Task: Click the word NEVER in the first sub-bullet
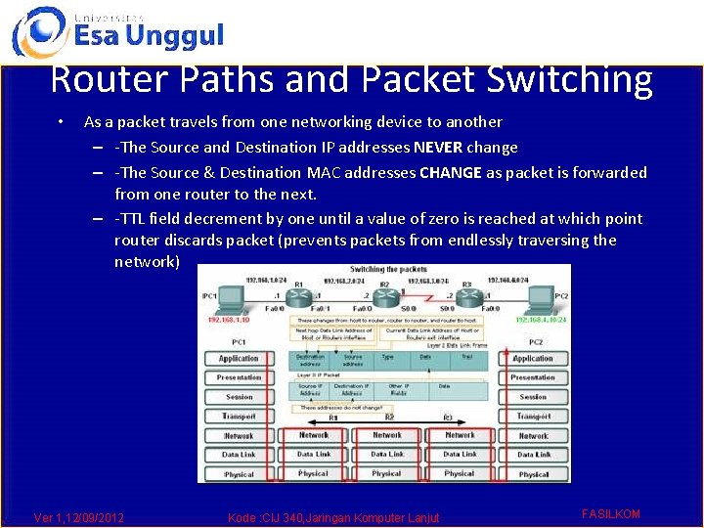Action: click(x=438, y=148)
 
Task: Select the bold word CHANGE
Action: click(x=451, y=173)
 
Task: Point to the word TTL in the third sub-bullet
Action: click(x=135, y=219)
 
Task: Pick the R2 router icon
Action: click(x=383, y=293)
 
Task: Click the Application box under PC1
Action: click(x=239, y=359)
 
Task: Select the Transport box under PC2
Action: click(x=533, y=417)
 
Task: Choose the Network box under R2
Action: click(x=386, y=435)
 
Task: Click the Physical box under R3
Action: click(x=459, y=473)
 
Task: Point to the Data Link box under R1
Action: click(x=313, y=455)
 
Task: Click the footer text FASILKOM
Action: click(x=611, y=513)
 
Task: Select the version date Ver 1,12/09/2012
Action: click(x=79, y=517)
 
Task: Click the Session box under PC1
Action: click(x=239, y=397)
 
